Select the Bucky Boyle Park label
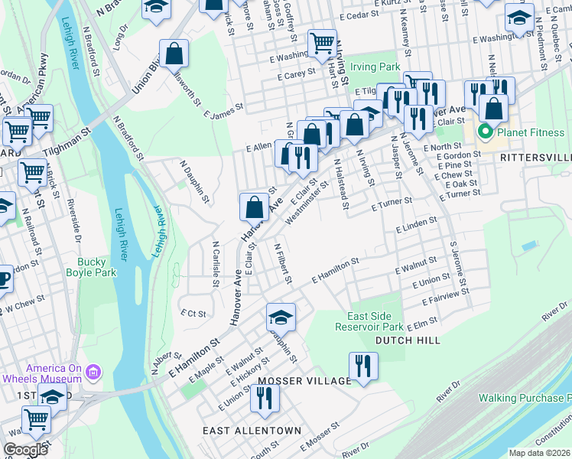[96, 267]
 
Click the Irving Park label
[375, 67]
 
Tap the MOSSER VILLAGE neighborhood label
[304, 380]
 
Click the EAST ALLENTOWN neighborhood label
[252, 431]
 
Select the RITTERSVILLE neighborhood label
[535, 157]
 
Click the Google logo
[25, 449]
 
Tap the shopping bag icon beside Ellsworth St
[174, 55]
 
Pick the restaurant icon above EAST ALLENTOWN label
[265, 398]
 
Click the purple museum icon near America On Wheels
[93, 373]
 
